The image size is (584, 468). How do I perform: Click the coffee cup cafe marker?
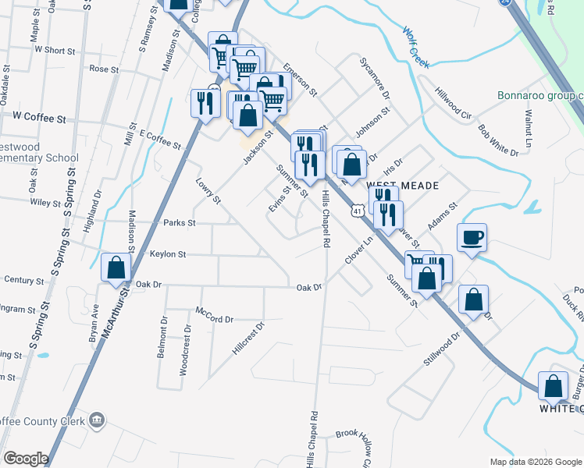click(x=472, y=237)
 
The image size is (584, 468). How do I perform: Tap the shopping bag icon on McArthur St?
click(x=116, y=268)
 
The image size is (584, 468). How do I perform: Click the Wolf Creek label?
click(x=416, y=48)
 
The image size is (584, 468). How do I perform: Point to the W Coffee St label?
click(x=39, y=118)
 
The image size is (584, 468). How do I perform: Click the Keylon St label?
click(x=168, y=254)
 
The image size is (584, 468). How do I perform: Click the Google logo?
click(x=26, y=458)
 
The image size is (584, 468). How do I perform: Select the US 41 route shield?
click(x=357, y=211)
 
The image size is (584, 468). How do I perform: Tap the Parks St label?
click(x=179, y=223)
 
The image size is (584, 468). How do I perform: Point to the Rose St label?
click(x=104, y=69)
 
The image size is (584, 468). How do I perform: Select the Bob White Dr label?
click(x=498, y=140)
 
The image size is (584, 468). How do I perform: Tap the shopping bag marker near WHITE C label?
click(x=554, y=385)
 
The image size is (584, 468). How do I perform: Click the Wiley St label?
click(x=45, y=203)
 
